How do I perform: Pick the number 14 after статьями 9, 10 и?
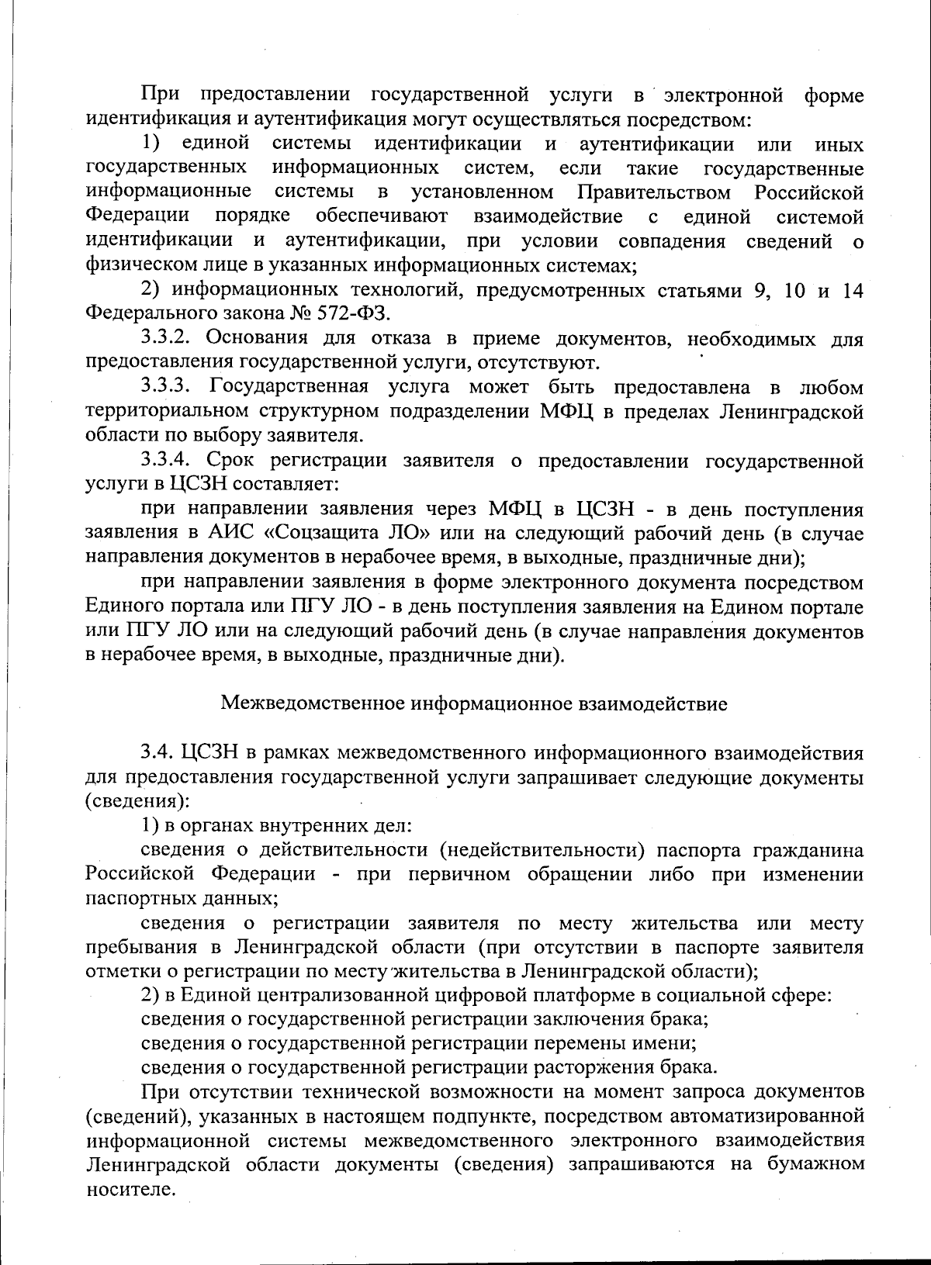[852, 290]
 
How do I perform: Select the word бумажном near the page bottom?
[815, 1165]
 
